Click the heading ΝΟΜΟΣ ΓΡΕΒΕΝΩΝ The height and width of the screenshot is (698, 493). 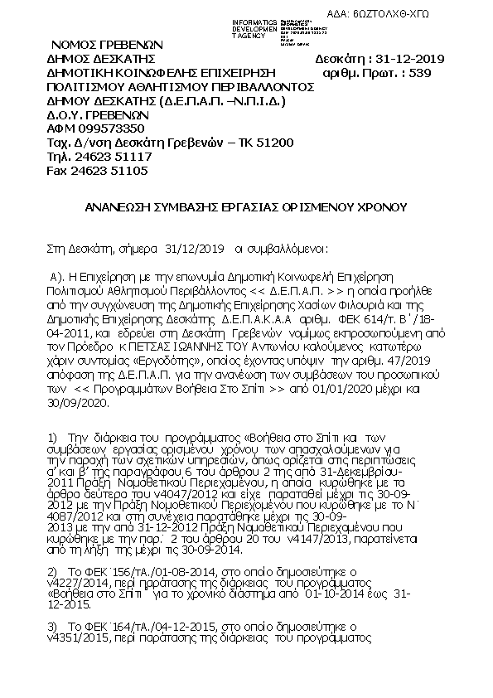pos(107,44)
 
